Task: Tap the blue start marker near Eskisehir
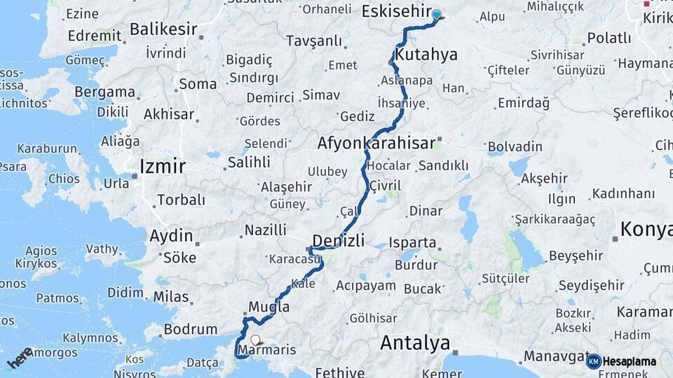click(x=437, y=15)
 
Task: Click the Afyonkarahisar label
click(x=376, y=143)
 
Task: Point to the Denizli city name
click(x=338, y=241)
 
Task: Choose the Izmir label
click(x=163, y=166)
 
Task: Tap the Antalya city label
click(x=415, y=343)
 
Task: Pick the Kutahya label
click(x=426, y=55)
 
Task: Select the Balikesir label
click(x=162, y=29)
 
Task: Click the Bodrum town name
click(x=190, y=329)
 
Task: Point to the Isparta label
click(x=412, y=243)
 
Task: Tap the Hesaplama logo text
click(x=630, y=362)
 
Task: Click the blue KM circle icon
click(x=593, y=361)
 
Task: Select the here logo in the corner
click(x=19, y=358)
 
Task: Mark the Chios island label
click(x=64, y=178)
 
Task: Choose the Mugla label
click(x=268, y=307)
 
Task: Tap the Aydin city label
click(x=171, y=235)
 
